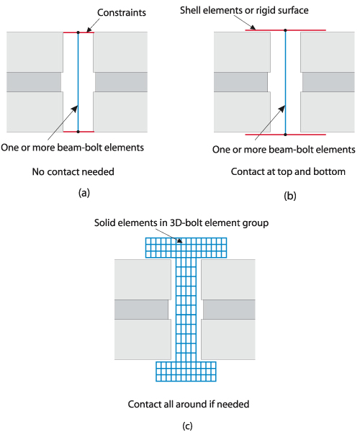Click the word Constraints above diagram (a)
[122, 13]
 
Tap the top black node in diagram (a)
[78, 32]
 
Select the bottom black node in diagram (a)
[78, 132]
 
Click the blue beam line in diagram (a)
[78, 82]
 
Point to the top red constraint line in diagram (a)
[78, 32]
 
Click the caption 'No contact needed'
[73, 171]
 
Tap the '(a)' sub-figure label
[84, 192]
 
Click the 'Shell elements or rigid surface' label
[244, 11]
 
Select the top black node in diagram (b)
[285, 30]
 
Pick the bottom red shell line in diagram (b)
[286, 135]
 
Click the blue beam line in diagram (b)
[285, 82]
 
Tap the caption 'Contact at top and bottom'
[288, 171]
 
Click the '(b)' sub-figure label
[290, 196]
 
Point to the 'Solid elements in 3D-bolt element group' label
[181, 222]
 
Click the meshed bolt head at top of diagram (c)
[186, 248]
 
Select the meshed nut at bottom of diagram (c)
[186, 372]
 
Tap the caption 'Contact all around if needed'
[189, 404]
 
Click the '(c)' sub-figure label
[188, 426]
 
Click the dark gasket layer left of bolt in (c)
[141, 310]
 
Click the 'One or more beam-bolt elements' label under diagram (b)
[284, 150]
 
